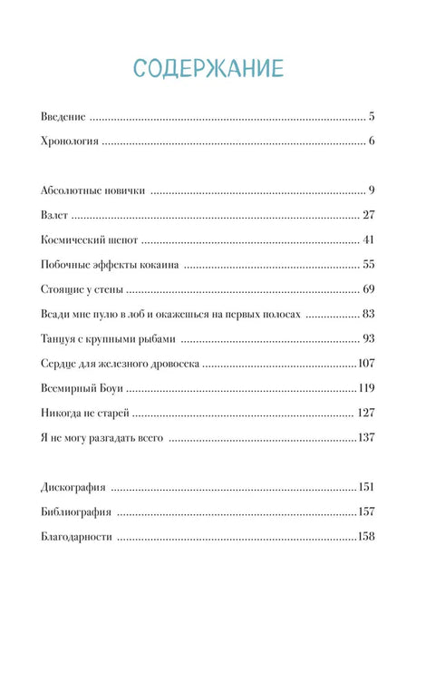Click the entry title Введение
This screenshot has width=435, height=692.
[63, 117]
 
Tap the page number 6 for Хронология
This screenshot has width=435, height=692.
[372, 141]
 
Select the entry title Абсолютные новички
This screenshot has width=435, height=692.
[95, 190]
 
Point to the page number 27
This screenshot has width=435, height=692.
[368, 215]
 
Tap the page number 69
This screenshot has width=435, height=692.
[368, 289]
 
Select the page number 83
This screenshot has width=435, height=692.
[368, 314]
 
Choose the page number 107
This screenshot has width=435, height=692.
[365, 364]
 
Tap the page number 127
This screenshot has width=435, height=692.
[365, 413]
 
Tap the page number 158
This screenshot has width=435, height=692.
[365, 536]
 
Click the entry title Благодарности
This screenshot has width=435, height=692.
[77, 536]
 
